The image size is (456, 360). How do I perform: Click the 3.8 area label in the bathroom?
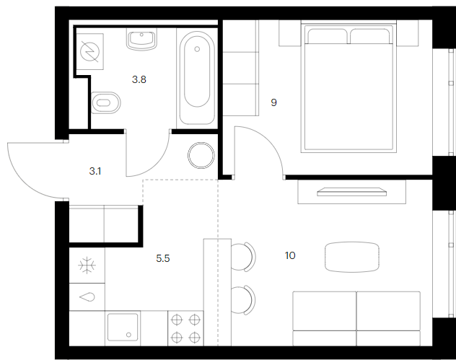point(139,79)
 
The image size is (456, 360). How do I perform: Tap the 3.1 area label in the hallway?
point(95,171)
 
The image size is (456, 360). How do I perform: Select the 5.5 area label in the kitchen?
point(163,258)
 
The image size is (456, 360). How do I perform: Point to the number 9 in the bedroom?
point(273,102)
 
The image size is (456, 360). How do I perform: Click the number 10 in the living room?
point(290,255)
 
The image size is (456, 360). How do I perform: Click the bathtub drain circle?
point(197,49)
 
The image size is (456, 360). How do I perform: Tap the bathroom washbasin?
point(141,39)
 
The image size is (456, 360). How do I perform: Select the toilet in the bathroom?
point(105,102)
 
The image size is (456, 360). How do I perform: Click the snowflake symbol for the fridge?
point(87,265)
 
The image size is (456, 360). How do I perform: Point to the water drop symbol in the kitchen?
point(87,297)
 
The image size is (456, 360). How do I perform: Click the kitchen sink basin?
point(123,327)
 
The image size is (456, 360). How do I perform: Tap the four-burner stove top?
point(185,328)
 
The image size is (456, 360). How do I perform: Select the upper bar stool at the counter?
point(243,257)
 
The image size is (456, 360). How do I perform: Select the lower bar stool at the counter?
point(243,300)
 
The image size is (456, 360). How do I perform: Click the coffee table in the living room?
point(352,257)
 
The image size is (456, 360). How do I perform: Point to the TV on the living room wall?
point(352,192)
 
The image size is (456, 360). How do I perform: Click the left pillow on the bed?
point(327,36)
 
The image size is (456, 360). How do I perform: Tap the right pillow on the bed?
point(370,36)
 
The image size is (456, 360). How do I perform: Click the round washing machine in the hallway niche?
point(201,156)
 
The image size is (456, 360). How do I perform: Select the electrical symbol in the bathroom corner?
point(90,51)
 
